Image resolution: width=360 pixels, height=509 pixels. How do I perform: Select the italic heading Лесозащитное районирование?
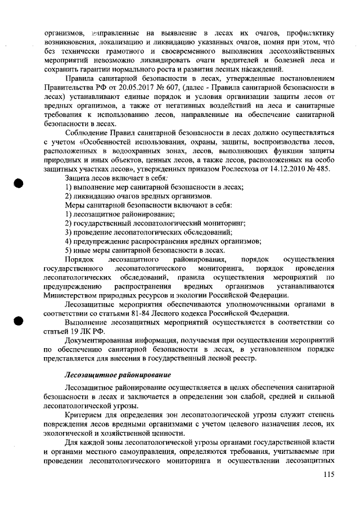(118, 375)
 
